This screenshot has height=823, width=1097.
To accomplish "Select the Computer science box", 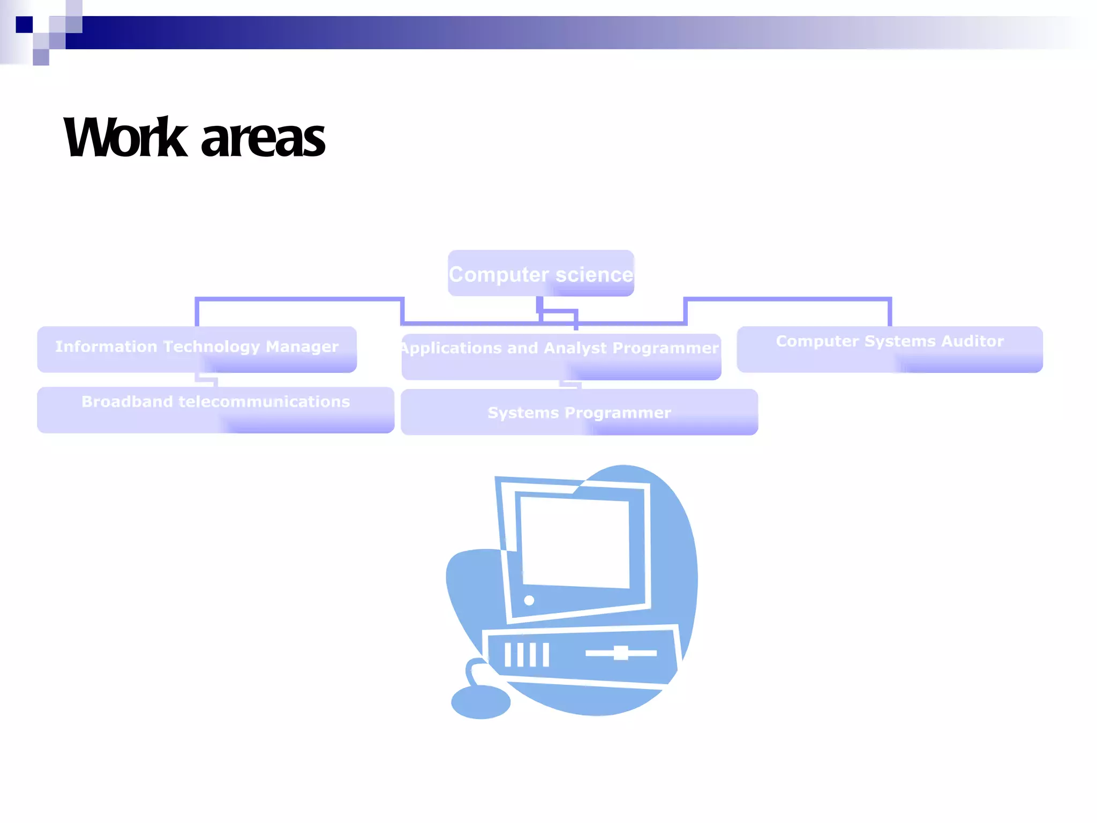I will [x=541, y=273].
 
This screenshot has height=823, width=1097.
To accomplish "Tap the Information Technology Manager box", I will [x=197, y=349].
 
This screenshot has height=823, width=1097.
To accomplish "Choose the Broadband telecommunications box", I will [x=215, y=410].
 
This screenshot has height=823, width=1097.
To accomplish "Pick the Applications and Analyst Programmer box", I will [x=561, y=357].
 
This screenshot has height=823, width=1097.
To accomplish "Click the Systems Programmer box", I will [x=579, y=412].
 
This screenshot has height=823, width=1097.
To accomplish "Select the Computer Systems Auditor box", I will [x=889, y=349].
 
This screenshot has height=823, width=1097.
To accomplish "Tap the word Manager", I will [x=302, y=347].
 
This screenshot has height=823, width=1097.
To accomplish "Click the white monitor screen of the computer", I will [x=575, y=541].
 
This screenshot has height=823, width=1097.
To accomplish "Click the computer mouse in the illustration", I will [x=480, y=702].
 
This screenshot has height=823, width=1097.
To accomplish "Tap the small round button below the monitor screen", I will [x=529, y=600].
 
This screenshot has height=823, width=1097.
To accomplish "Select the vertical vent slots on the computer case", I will [x=527, y=654].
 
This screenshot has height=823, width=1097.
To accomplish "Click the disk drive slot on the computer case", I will [x=621, y=653].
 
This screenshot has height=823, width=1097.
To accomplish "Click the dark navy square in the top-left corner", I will [x=24, y=25].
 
